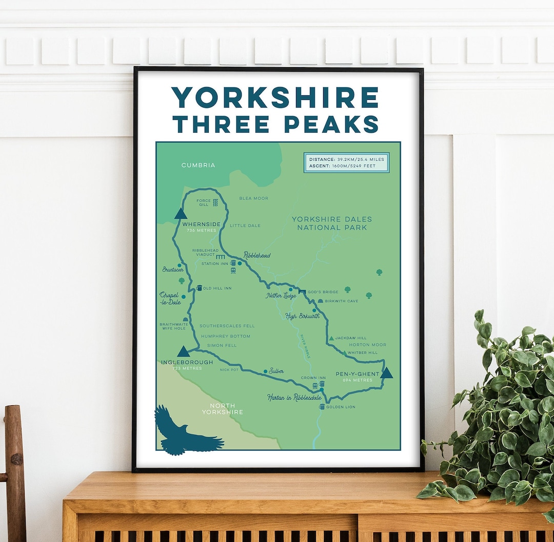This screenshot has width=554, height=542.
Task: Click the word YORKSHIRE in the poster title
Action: point(275,97)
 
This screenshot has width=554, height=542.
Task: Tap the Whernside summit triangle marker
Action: point(180,214)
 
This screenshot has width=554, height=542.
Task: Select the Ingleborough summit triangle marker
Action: point(183,351)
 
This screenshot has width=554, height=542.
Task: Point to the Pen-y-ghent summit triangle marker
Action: point(386,372)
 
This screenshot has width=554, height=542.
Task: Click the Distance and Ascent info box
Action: point(346,162)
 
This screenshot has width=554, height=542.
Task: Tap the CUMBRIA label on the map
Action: point(198,165)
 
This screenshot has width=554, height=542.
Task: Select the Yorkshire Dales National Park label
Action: point(332,223)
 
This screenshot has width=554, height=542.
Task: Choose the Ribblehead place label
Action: point(257,255)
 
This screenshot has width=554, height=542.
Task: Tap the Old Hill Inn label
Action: point(217,288)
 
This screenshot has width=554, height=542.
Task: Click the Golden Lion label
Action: point(341,407)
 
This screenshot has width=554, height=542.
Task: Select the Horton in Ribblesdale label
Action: point(294,398)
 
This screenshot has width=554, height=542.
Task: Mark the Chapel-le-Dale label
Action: point(170,298)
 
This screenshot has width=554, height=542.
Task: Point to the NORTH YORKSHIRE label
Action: point(222,409)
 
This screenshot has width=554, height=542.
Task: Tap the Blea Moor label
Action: point(253,198)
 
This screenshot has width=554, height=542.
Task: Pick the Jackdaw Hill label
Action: point(351,338)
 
